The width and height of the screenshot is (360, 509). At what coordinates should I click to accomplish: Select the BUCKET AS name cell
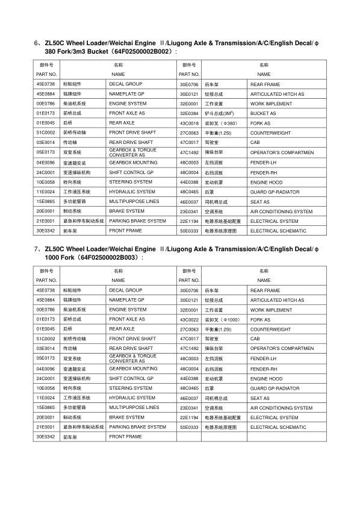pyautogui.click(x=263, y=113)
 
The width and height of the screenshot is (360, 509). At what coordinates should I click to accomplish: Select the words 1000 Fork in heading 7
pyautogui.click(x=58, y=258)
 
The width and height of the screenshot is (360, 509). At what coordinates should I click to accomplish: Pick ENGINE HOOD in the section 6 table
pyautogui.click(x=266, y=182)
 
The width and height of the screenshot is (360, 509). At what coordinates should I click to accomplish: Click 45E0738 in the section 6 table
pyautogui.click(x=45, y=84)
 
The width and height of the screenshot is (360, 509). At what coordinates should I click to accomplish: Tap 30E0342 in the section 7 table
pyautogui.click(x=45, y=437)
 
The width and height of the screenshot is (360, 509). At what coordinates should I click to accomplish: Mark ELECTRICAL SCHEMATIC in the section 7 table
pyautogui.click(x=274, y=427)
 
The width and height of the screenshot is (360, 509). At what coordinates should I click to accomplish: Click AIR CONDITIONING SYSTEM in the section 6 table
pyautogui.click(x=281, y=211)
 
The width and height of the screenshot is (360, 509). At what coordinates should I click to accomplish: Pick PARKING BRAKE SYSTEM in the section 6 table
pyautogui.click(x=137, y=221)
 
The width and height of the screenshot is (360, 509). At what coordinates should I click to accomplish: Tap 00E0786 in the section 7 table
pyautogui.click(x=45, y=310)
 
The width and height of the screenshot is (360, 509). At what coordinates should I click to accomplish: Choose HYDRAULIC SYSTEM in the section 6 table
pyautogui.click(x=132, y=192)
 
